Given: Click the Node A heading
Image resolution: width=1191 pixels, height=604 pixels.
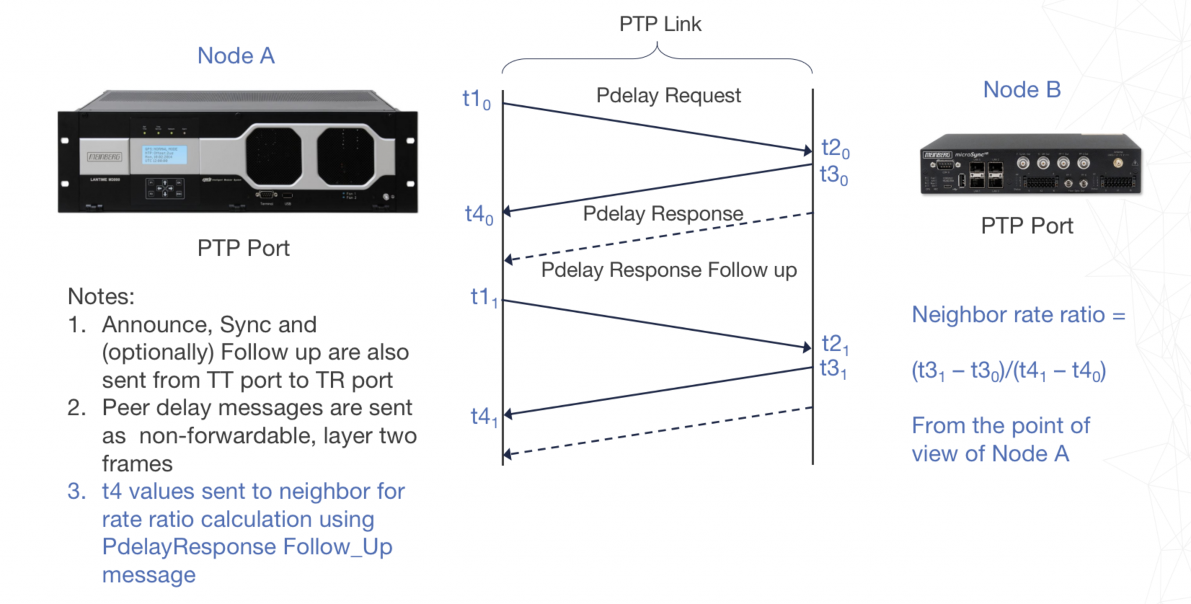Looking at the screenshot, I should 236,56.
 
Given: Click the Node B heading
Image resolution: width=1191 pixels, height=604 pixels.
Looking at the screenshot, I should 1022,90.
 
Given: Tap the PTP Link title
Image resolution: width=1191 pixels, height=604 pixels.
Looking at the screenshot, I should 660,24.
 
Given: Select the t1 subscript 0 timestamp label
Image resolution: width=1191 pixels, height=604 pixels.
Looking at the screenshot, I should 476,99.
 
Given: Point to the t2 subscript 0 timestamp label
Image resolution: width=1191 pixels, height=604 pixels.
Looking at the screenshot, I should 835,148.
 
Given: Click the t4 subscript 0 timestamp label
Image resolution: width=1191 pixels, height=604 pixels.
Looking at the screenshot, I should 479,215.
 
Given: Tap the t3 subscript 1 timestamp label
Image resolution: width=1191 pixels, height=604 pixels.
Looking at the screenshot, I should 833,369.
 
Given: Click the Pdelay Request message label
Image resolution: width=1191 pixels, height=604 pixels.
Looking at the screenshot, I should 668,95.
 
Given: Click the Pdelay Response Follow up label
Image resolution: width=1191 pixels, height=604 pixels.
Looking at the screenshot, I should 668,270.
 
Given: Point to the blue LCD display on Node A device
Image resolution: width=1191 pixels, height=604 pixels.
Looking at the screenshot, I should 165,155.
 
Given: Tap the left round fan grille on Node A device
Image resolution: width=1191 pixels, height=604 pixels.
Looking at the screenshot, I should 273,156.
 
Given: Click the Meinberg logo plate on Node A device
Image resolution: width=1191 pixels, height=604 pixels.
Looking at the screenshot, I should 105,157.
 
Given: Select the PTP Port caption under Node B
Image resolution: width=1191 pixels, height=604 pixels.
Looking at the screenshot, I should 1026,226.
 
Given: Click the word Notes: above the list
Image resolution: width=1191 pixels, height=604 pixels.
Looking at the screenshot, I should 101,296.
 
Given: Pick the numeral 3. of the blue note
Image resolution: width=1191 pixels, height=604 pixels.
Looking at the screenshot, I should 76,492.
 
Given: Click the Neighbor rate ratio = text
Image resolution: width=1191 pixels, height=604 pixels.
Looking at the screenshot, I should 1018,315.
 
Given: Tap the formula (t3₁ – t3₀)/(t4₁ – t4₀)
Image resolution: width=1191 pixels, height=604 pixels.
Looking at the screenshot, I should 1008,371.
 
